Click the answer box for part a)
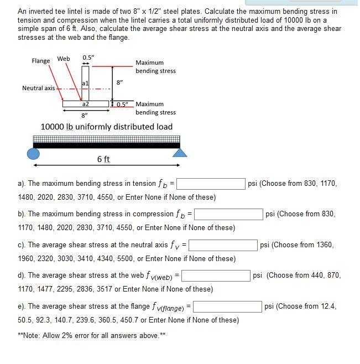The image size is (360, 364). (x=211, y=184)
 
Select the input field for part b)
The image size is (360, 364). (x=228, y=214)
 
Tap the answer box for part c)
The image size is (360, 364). (x=223, y=245)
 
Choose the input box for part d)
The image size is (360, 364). (x=216, y=275)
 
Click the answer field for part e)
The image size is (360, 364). (x=227, y=306)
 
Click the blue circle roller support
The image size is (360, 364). (x=34, y=153)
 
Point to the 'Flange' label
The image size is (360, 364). (x=41, y=61)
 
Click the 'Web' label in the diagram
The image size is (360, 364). (x=64, y=59)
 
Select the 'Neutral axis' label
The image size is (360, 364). (x=39, y=88)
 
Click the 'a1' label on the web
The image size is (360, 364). (x=85, y=82)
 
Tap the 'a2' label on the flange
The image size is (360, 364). (x=85, y=103)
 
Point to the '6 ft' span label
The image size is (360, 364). (x=103, y=159)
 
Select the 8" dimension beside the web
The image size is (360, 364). (x=119, y=82)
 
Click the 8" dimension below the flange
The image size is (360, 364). (x=85, y=116)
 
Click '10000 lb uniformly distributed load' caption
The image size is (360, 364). (x=107, y=127)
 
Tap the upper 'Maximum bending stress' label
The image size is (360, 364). (x=155, y=67)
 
